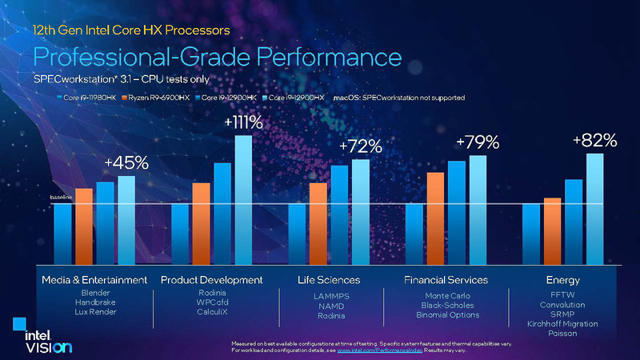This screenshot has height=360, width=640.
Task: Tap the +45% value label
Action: pos(126,162)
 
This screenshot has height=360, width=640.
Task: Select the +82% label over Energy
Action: pos(594,140)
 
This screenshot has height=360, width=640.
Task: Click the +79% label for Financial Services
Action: pos(478,142)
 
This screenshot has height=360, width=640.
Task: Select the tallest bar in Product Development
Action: pos(243,200)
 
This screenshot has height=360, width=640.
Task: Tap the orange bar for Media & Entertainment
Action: pos(83,226)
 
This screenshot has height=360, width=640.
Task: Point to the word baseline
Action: pos(61,197)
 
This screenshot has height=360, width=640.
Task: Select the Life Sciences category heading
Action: pos(329,280)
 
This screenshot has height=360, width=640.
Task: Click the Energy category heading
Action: pos(562,280)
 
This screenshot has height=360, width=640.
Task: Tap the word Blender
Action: pos(94,294)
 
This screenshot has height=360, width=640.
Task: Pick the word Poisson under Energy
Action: pos(562,333)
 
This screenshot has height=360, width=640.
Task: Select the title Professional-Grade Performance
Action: pos(216,58)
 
